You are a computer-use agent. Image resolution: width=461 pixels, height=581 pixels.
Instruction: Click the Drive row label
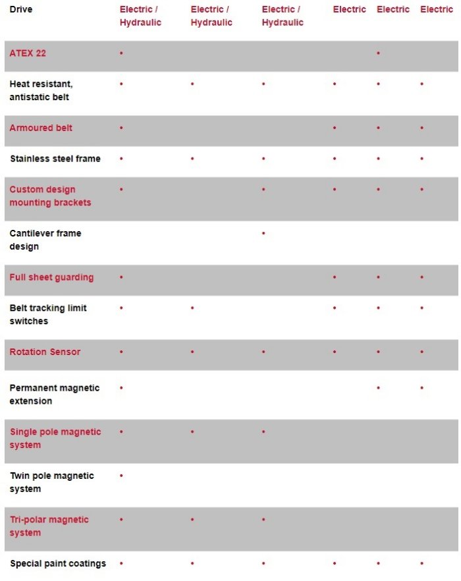click(x=21, y=9)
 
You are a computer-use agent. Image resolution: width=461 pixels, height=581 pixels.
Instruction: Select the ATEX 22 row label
click(x=28, y=53)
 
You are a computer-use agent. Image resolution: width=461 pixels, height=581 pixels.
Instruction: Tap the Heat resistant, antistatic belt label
click(x=41, y=90)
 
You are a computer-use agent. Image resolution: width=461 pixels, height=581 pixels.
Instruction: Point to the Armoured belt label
click(x=41, y=128)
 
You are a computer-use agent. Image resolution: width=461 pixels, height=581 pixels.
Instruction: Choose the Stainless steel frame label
click(x=55, y=159)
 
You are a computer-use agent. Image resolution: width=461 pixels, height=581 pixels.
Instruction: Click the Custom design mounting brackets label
click(x=50, y=196)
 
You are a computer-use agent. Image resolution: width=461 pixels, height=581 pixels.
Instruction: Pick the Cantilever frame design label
click(x=45, y=240)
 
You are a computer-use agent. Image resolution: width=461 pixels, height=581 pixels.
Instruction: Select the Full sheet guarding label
click(x=51, y=277)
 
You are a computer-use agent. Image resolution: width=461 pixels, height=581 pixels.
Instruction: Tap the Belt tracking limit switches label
click(x=48, y=314)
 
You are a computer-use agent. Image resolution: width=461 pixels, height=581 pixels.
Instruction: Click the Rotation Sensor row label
click(x=45, y=352)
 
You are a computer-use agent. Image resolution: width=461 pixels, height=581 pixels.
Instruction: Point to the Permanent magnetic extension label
click(x=54, y=394)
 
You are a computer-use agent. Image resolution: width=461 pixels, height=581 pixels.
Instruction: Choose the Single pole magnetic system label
click(x=55, y=438)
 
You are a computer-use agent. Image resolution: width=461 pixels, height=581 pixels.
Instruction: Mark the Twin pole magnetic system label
click(x=51, y=482)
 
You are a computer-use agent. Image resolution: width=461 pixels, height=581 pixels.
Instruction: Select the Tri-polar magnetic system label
click(x=49, y=526)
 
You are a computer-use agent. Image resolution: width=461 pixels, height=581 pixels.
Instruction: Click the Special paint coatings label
click(x=57, y=563)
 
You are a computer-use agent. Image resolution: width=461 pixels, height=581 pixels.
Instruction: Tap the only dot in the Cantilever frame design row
click(x=263, y=233)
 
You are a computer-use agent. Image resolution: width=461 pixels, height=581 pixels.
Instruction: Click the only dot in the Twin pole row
click(x=121, y=475)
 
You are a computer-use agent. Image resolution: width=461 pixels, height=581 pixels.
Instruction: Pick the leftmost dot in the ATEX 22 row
click(x=121, y=53)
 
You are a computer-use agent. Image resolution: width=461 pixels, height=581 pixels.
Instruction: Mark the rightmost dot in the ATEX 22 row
click(x=378, y=53)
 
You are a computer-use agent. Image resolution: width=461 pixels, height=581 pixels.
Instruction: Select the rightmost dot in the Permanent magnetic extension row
click(x=421, y=387)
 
